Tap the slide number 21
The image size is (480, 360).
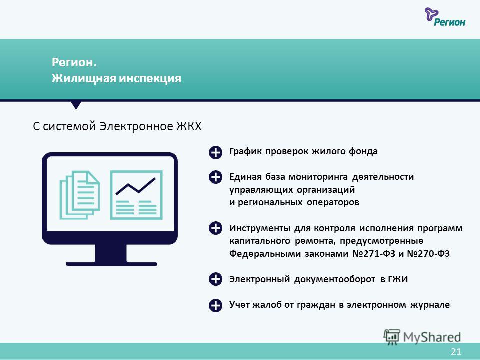456,351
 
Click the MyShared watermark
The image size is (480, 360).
422,337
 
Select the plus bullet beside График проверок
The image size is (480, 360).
215,152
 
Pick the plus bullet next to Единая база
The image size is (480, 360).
215,177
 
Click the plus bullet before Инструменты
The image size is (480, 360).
215,228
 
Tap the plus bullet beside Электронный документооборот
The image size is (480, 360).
215,279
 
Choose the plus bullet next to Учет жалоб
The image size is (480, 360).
215,305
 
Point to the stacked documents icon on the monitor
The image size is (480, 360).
79,195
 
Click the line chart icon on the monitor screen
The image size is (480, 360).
136,195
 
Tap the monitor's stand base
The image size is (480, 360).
111,264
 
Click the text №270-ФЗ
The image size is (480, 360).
428,254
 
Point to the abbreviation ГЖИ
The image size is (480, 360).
398,279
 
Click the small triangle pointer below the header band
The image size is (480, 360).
76,105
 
